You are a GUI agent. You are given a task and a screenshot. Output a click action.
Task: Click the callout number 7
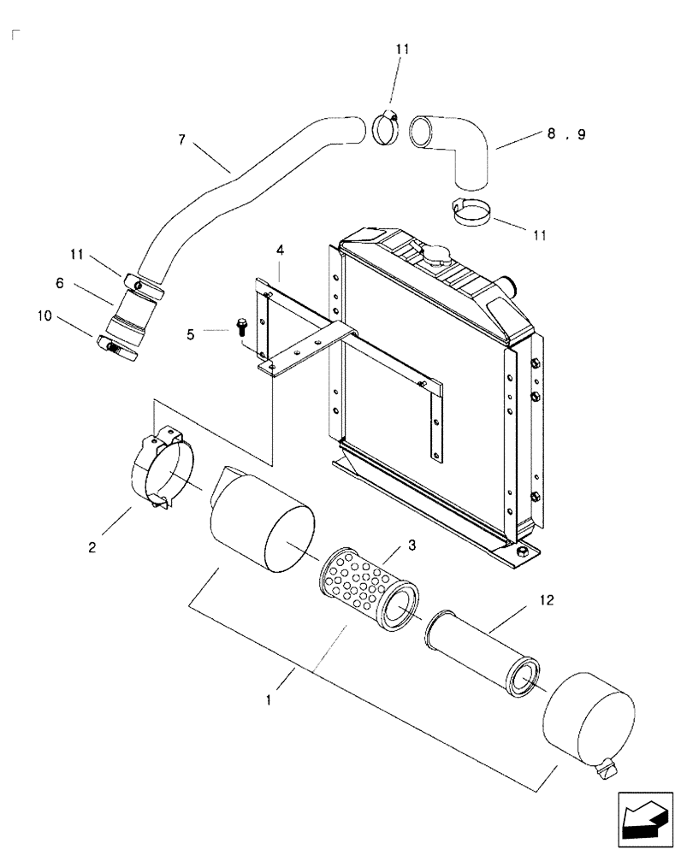pos(181,139)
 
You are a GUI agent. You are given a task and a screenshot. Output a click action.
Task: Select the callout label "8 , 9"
pos(566,134)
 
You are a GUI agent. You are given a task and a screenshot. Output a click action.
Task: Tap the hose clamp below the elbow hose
pos(468,210)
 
